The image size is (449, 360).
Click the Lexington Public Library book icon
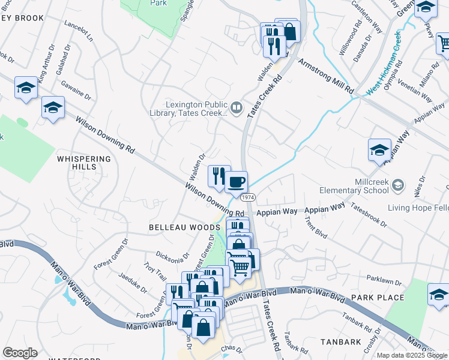[x=237, y=108]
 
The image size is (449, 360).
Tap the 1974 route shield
[x=246, y=197]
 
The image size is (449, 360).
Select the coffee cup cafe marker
[x=237, y=181]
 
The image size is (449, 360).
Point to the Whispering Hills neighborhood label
[x=84, y=163]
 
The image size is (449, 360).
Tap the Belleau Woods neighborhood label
[x=176, y=228]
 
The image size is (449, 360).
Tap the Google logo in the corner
[x=20, y=353]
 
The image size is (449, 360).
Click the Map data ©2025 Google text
[x=412, y=355]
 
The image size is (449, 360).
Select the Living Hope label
[x=418, y=208]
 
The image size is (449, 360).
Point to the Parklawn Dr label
[x=383, y=280]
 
